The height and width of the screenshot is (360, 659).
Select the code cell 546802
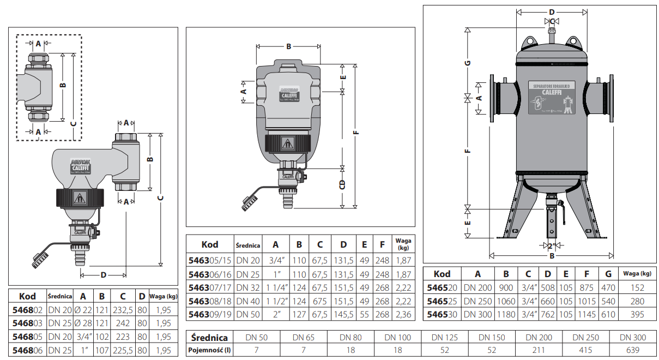27,310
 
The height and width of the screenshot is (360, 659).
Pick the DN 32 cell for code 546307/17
248,287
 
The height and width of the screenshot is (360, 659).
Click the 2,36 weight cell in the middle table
403,314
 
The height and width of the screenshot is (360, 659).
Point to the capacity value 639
632,350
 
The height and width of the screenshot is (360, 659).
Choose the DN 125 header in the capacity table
444,338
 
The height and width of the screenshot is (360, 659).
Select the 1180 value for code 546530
506,314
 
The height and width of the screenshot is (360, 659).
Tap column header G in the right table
608,274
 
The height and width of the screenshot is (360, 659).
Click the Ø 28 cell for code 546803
83,323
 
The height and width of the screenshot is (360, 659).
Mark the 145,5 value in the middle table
343,314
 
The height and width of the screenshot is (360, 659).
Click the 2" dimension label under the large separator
552,247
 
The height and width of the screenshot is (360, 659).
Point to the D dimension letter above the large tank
552,11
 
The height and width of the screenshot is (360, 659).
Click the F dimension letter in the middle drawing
356,131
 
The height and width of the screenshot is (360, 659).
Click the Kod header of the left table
27,296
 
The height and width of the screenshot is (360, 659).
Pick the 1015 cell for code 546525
586,301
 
